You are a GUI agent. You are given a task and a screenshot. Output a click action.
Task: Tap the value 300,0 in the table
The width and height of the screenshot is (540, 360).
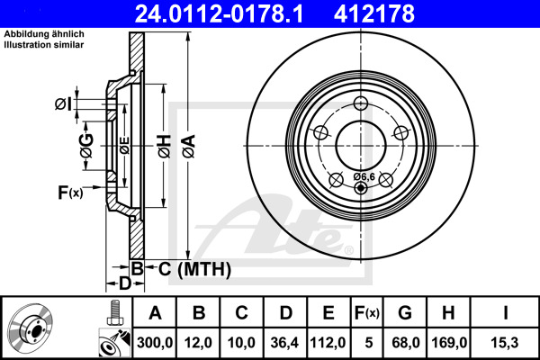[x=155, y=341]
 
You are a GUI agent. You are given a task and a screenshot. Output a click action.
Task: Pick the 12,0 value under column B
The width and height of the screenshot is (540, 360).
[x=200, y=341]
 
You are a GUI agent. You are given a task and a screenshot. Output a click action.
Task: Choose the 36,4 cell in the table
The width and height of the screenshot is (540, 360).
[x=285, y=341]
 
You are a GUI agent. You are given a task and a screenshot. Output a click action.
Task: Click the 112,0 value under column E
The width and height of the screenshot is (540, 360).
[x=328, y=341]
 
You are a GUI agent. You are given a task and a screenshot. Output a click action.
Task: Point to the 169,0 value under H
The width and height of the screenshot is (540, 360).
[x=447, y=341]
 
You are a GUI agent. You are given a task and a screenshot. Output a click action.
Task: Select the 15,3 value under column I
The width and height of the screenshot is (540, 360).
[x=504, y=341]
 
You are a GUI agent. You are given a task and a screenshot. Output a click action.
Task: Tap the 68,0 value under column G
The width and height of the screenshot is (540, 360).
[x=404, y=341]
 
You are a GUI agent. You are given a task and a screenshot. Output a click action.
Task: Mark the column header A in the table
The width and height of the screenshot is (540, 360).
[x=155, y=312]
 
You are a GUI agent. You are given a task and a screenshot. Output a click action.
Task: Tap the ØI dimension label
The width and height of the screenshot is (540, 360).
[x=63, y=104]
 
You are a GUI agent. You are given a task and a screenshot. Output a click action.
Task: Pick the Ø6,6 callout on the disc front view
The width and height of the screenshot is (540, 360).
[x=364, y=176]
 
